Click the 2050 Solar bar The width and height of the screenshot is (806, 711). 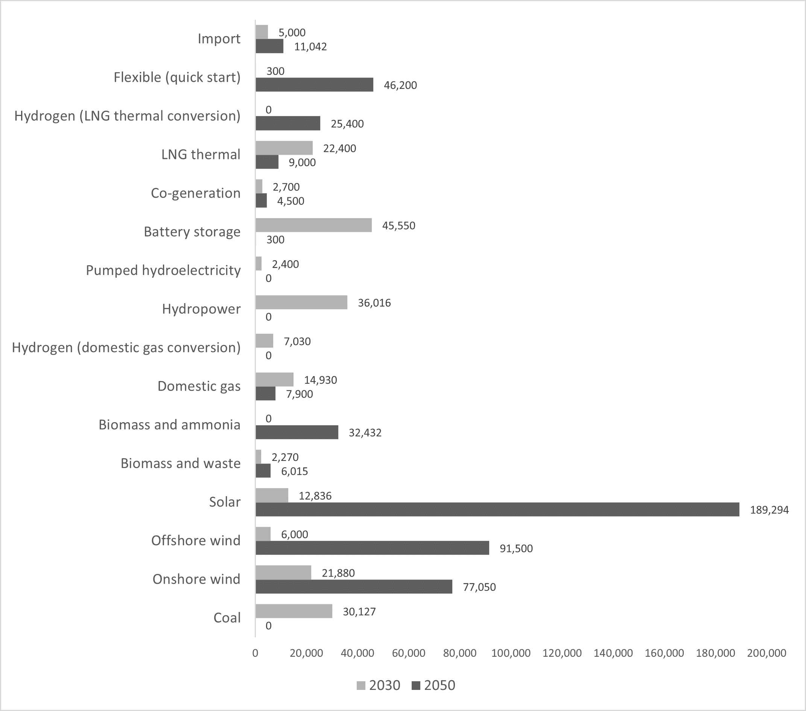497,510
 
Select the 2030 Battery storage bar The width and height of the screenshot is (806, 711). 313,225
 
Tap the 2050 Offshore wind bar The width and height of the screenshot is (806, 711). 372,548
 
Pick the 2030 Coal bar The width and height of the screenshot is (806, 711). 294,611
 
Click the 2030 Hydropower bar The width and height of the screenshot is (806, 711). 301,302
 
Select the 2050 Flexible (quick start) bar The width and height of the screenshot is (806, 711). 314,85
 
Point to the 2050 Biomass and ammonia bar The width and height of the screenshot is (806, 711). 297,432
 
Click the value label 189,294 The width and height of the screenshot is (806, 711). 769,510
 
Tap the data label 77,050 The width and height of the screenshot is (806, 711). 479,587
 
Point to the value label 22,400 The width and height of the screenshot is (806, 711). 339,148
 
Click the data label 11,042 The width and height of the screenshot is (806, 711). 310,47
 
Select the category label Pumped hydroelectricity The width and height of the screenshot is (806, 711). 163,270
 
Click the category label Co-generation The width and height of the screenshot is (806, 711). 196,193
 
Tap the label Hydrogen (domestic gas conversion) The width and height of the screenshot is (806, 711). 126,347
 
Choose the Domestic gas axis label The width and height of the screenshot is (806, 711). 199,386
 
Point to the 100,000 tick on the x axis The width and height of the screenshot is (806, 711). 511,653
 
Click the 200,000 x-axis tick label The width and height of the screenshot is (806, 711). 766,653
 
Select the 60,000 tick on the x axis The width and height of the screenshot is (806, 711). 409,653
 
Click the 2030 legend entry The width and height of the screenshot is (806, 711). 379,685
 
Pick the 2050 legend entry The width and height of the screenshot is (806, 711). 433,685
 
